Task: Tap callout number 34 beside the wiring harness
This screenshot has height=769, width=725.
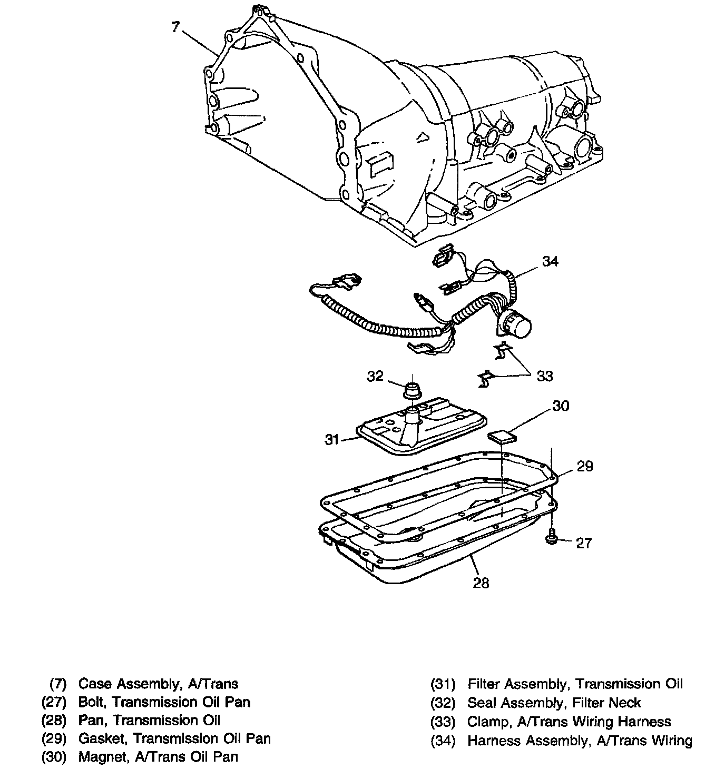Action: tap(550, 261)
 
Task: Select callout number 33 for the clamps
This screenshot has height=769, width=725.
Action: tap(545, 376)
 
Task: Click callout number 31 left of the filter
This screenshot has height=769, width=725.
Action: tap(331, 439)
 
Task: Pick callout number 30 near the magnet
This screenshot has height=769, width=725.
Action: tap(561, 406)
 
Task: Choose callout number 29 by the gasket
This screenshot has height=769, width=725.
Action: tap(585, 466)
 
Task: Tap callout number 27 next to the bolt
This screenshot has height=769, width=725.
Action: tap(584, 543)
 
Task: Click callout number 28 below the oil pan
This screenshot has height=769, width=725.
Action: tap(481, 583)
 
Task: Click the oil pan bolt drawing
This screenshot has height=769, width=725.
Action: tap(551, 538)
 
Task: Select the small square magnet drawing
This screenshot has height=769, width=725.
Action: tap(501, 437)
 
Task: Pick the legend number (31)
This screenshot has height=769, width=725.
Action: tap(443, 684)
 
